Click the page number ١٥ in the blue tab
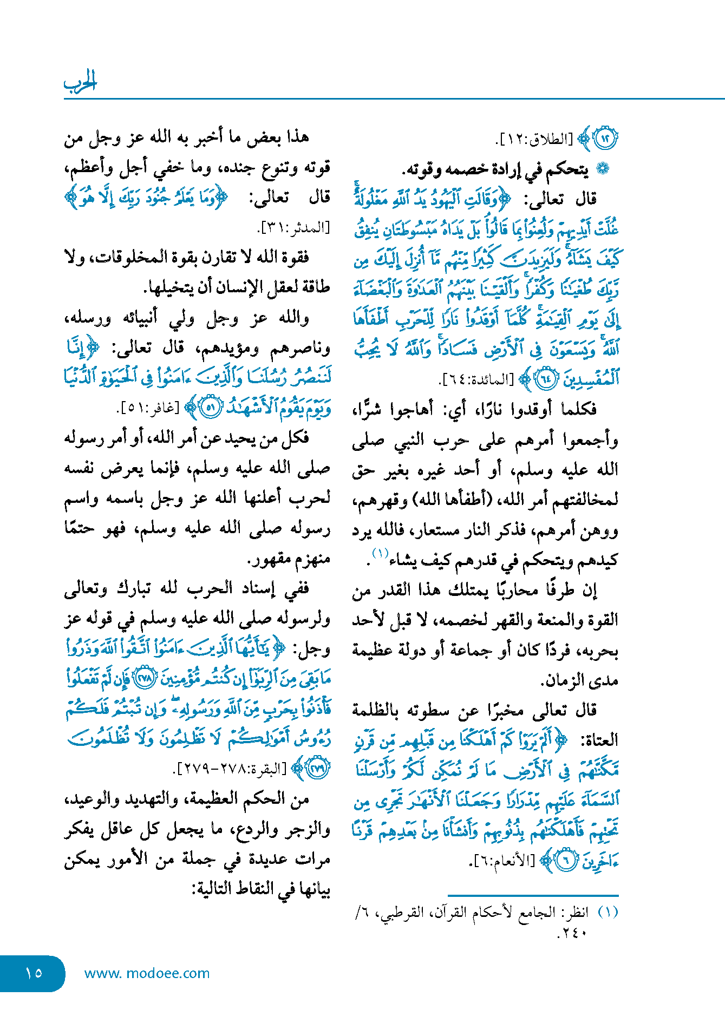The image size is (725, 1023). point(33,973)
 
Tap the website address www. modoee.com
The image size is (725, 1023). point(147,973)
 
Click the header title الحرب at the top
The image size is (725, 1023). point(80,82)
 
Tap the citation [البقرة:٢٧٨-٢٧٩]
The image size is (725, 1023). point(230,769)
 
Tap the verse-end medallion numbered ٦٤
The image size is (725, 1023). point(544,379)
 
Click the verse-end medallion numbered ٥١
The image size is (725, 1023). point(211,408)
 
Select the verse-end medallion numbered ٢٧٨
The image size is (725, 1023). point(145,679)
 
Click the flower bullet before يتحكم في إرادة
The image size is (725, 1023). point(602,169)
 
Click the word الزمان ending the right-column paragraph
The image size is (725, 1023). point(562,680)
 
